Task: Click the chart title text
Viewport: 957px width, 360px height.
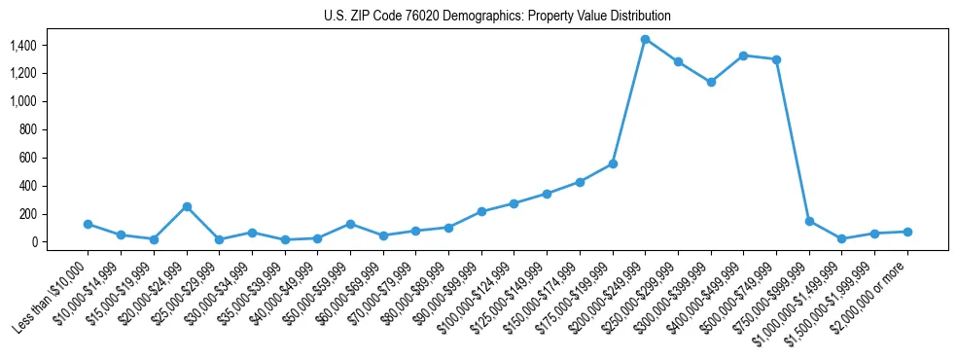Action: pos(497,17)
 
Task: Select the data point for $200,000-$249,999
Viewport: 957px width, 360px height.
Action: pos(645,39)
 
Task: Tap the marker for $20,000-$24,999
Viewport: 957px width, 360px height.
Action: pos(187,206)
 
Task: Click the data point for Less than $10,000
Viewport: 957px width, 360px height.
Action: pos(88,224)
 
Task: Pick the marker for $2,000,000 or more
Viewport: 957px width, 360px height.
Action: pos(907,232)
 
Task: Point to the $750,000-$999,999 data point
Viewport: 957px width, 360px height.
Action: pos(809,221)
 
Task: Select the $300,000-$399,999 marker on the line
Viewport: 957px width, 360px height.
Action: pos(711,82)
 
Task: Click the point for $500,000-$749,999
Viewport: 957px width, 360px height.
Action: pos(776,59)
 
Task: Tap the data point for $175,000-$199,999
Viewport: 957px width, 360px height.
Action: pos(613,163)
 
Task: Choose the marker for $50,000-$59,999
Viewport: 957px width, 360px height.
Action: pos(350,224)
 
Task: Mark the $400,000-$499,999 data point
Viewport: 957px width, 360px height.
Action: pos(744,55)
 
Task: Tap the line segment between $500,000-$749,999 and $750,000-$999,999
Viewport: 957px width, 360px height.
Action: pos(793,140)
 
